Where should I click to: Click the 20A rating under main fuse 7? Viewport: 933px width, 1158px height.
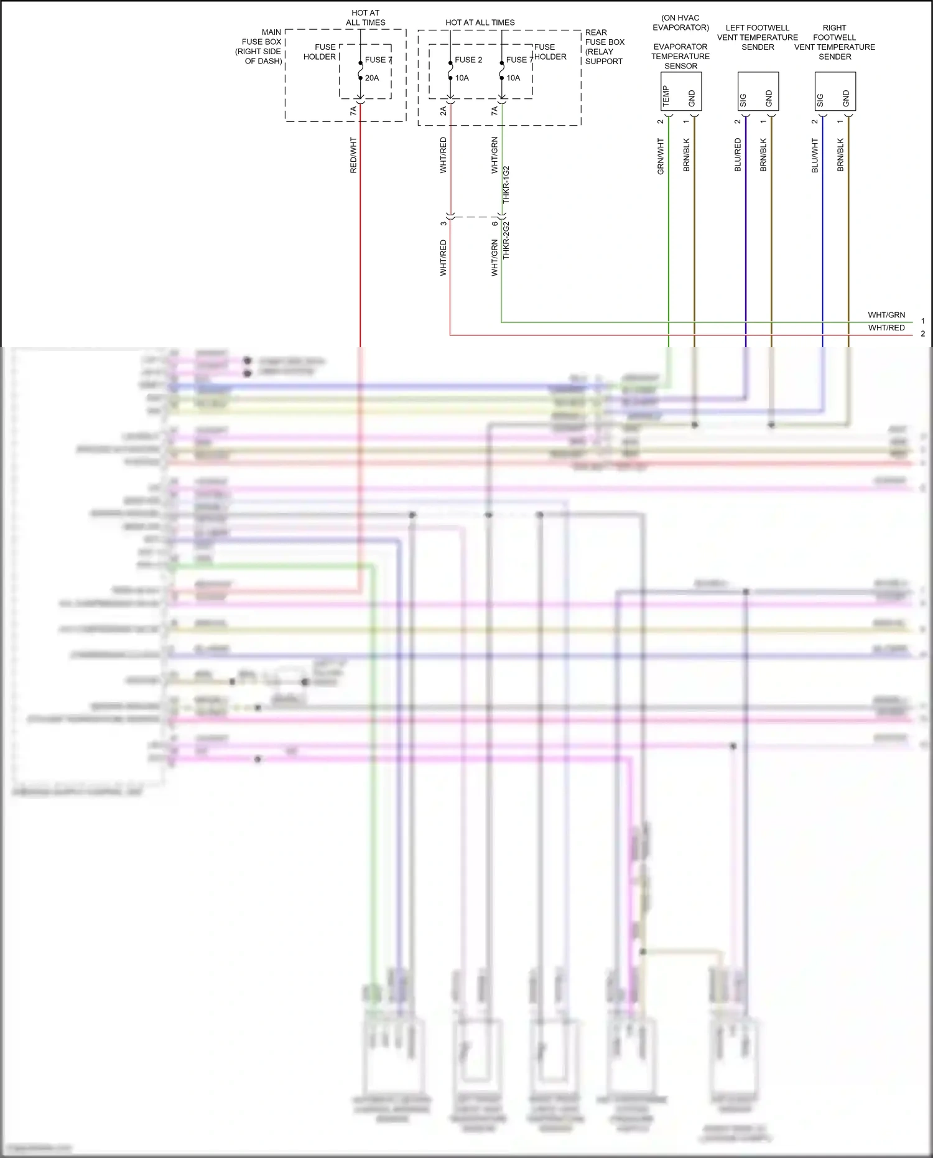pos(372,78)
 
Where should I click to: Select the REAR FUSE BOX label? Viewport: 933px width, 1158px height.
pos(604,47)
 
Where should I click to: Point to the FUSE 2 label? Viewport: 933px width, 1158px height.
pos(468,60)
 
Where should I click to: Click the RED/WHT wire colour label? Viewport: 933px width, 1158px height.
pos(353,155)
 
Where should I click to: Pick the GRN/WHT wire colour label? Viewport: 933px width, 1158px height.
pos(661,156)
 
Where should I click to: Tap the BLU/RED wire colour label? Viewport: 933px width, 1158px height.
pos(738,155)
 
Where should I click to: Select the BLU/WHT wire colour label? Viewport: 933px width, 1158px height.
pos(815,155)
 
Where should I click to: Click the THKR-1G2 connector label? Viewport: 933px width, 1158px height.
pos(506,184)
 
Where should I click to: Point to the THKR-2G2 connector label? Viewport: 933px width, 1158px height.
pos(506,240)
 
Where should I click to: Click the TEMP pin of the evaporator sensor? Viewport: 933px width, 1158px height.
pos(666,96)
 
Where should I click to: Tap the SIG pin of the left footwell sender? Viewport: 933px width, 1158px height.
pos(743,100)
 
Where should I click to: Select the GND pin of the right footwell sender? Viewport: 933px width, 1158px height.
pos(846,98)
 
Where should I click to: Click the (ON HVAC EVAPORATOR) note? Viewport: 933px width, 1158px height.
pos(680,22)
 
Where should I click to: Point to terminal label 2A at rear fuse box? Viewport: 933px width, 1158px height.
pos(443,111)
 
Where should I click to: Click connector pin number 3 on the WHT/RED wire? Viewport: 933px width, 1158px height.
pos(443,224)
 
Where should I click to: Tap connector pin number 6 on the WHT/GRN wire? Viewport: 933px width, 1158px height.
pos(494,224)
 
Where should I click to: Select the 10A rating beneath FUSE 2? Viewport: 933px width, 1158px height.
pos(462,78)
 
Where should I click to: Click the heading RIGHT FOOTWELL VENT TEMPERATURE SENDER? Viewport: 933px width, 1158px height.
pos(835,42)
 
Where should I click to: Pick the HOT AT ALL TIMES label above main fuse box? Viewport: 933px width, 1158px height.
pos(366,17)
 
